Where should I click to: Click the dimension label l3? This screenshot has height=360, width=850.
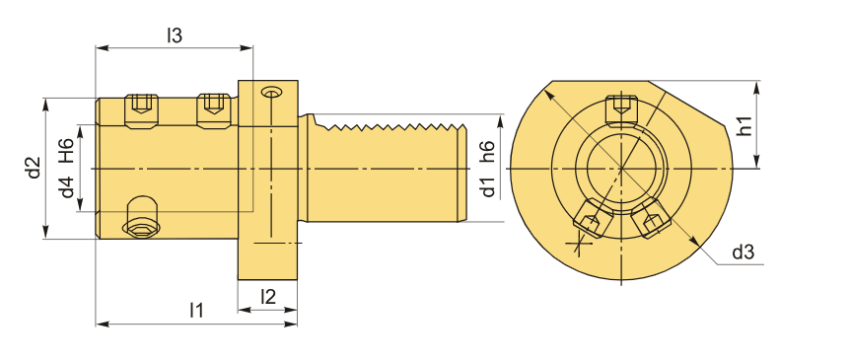[x=175, y=36]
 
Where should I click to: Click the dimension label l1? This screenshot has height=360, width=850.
[x=197, y=311]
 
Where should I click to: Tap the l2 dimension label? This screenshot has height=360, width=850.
[x=268, y=296]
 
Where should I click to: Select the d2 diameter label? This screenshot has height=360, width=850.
[x=35, y=167]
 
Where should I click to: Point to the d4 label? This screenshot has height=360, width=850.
[x=67, y=187]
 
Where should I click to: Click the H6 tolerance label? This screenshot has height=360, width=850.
[x=66, y=151]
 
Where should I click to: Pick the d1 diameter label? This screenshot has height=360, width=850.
[x=488, y=186]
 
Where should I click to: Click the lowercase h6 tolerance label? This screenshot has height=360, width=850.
[x=488, y=151]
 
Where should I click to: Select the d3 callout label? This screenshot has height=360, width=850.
[x=744, y=252]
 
